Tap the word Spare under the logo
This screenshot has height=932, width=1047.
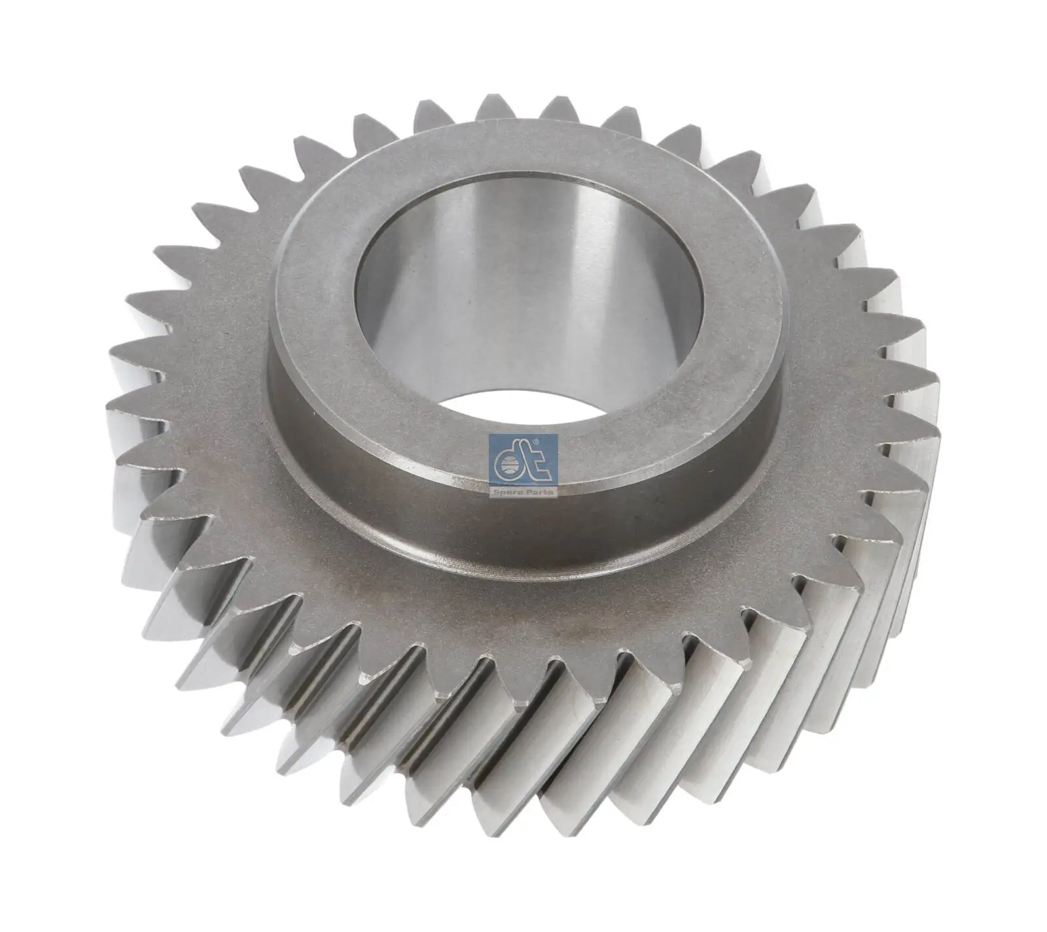[x=511, y=492]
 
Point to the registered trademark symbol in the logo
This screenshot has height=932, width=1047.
[x=537, y=443]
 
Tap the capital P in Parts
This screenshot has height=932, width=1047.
[x=531, y=492]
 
